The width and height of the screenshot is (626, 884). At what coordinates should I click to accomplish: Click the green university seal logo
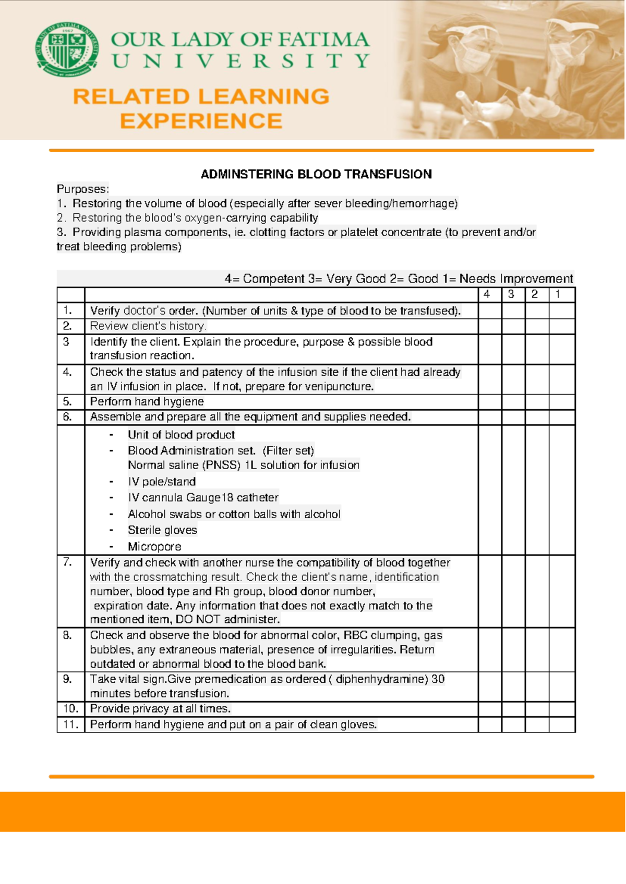tap(66, 50)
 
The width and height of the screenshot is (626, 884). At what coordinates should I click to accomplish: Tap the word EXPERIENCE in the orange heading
tap(201, 121)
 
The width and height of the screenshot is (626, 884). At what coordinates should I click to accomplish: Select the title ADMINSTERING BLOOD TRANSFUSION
tap(316, 174)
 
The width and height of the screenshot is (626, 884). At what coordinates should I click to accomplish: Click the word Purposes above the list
tap(82, 189)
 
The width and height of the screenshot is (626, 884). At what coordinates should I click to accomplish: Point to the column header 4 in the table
tap(487, 294)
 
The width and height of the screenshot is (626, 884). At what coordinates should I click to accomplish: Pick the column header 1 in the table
tap(558, 294)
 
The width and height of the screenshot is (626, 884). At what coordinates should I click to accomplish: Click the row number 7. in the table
tap(67, 562)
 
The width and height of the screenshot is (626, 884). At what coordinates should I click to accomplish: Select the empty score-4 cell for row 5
tap(490, 402)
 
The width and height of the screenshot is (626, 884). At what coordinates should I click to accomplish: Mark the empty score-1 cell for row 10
tap(562, 709)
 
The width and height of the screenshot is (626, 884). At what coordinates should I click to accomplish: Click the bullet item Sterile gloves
tap(162, 530)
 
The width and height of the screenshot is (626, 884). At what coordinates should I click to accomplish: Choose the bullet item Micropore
tap(154, 547)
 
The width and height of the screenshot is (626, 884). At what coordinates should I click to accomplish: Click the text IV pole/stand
tap(162, 482)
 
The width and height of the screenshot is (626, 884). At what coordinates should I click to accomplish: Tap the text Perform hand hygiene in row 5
tap(147, 402)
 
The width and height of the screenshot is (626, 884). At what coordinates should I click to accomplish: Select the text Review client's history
tap(148, 326)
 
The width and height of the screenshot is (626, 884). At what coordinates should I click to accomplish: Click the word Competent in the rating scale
tap(274, 279)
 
